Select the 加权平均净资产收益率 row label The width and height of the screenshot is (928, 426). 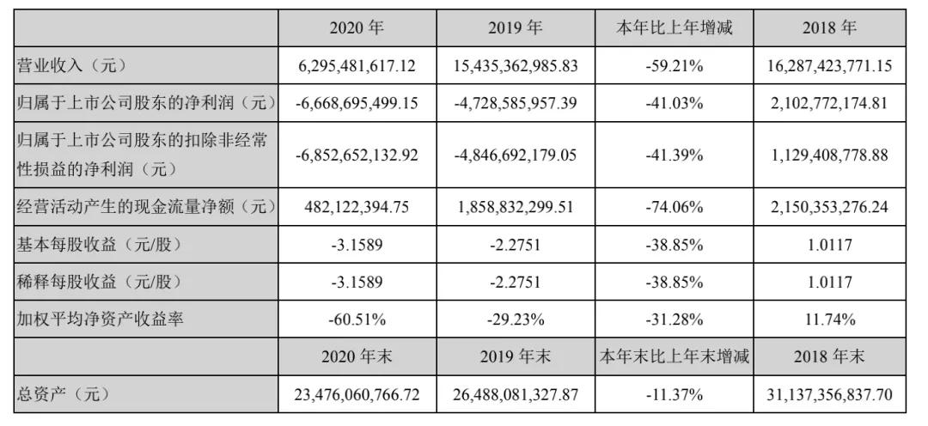[102, 319]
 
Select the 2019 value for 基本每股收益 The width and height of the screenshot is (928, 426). [516, 244]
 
